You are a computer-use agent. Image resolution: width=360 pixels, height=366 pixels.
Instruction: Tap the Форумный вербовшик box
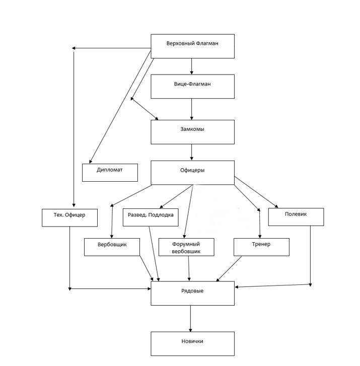[x=186, y=247]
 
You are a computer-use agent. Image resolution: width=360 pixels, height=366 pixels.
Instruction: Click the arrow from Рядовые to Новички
[x=191, y=318]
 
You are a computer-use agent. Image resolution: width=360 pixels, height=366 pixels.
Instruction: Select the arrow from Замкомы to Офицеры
[x=192, y=152]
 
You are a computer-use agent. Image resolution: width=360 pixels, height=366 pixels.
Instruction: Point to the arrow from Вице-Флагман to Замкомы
[x=192, y=109]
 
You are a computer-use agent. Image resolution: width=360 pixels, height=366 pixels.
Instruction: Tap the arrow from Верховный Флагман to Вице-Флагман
[x=192, y=66]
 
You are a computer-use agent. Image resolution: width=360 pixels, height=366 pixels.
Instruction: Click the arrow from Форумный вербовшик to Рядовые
[x=189, y=268]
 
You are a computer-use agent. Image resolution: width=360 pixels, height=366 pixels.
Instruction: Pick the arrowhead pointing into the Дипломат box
[x=90, y=162]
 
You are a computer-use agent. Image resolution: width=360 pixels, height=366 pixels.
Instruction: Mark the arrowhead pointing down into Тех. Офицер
[x=74, y=205]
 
